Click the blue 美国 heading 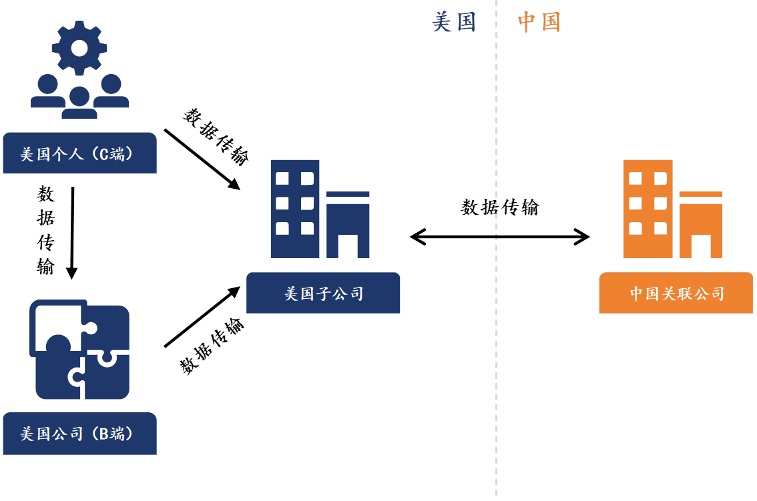click(x=454, y=22)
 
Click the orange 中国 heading click(x=539, y=22)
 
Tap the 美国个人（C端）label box click(x=79, y=153)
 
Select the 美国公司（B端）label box click(x=79, y=434)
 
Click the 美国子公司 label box click(x=323, y=293)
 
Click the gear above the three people click(x=79, y=48)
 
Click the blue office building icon click(x=320, y=209)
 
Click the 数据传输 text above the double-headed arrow click(x=499, y=207)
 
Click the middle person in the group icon click(x=79, y=103)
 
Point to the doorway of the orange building click(x=700, y=246)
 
